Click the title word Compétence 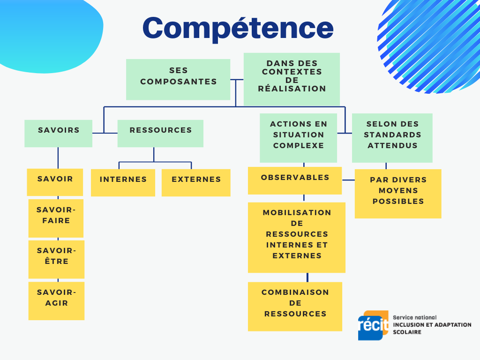(238, 28)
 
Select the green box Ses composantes (178, 79)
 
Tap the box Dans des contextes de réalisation (292, 79)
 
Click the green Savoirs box (58, 133)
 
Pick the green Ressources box (160, 133)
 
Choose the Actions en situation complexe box (298, 138)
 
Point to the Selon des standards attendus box (392, 138)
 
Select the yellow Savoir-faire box (56, 218)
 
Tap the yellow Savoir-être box (56, 259)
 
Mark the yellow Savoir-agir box (56, 300)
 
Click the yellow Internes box (123, 182)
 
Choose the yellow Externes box (196, 182)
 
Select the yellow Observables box (295, 180)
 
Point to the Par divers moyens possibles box (398, 194)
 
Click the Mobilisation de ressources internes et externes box (297, 237)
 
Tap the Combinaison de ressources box (295, 306)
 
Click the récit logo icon (373, 325)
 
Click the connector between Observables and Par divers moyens (348, 180)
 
